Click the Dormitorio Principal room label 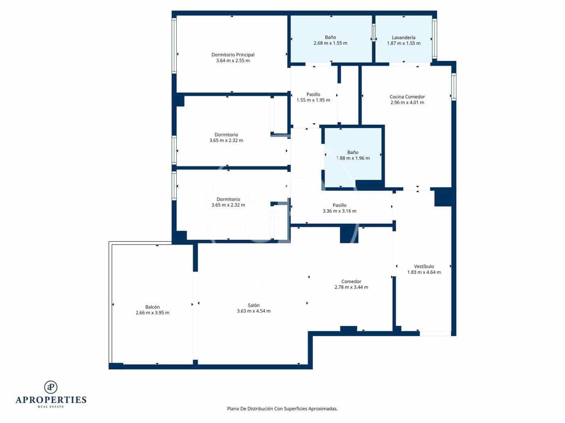[x=233, y=55]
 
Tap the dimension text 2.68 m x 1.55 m [x=330, y=43]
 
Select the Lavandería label [x=404, y=37]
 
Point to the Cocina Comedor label [x=407, y=97]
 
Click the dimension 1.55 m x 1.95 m [x=313, y=100]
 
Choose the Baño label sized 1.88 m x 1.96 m [x=353, y=152]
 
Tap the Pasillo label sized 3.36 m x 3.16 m [x=339, y=205]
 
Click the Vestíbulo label [x=424, y=266]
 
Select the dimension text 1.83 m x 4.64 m [x=424, y=272]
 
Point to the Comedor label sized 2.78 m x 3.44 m [x=351, y=282]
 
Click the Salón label [x=253, y=305]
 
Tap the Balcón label [x=153, y=307]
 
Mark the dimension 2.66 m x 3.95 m [x=153, y=313]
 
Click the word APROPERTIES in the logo [x=51, y=400]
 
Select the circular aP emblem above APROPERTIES [x=51, y=387]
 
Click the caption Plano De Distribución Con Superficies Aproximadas [x=282, y=408]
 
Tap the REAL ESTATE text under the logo [x=51, y=407]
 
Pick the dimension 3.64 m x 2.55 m [x=233, y=61]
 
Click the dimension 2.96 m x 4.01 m [x=407, y=103]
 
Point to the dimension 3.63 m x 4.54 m [x=253, y=311]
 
